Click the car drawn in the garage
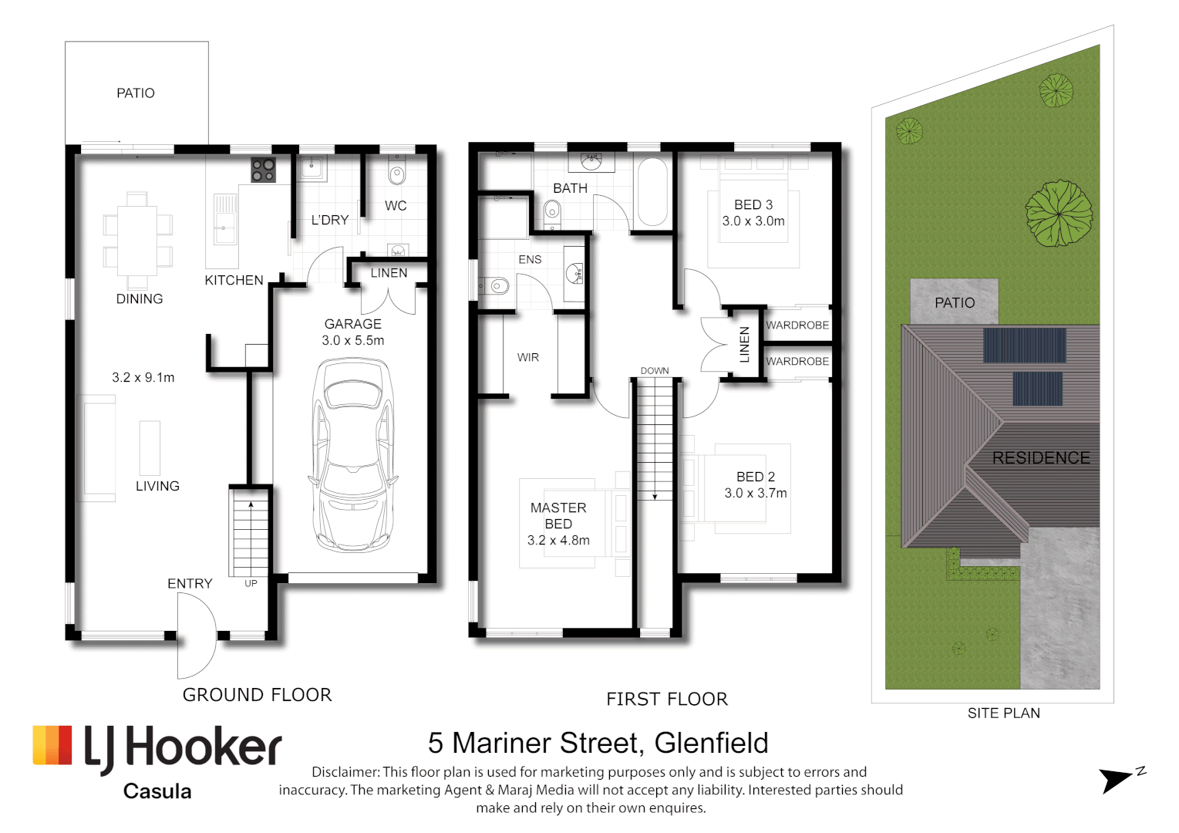pos(352,456)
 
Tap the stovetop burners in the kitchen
pos(263,170)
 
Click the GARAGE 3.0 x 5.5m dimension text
pos(353,340)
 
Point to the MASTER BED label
pos(558,516)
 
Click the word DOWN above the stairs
pos(655,371)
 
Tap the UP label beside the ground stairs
pos(251,583)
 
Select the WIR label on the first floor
pos(528,358)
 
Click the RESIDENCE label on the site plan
pos(1041,457)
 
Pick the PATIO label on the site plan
pos(955,303)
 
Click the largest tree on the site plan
pos(1059,213)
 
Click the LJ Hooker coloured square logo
pos(52,745)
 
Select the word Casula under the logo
pos(157,791)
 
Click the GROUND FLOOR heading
pos(258,695)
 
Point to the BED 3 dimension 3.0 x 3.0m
pos(753,221)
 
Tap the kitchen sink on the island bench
pos(224,219)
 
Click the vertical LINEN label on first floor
pos(744,344)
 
